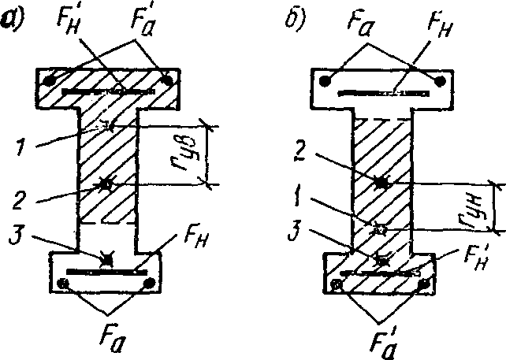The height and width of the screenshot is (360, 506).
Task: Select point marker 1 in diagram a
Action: (110, 124)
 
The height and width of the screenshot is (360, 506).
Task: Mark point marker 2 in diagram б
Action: (381, 183)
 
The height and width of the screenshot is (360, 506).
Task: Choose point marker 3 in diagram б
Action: (382, 259)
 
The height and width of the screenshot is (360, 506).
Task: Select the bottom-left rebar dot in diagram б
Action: (338, 284)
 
